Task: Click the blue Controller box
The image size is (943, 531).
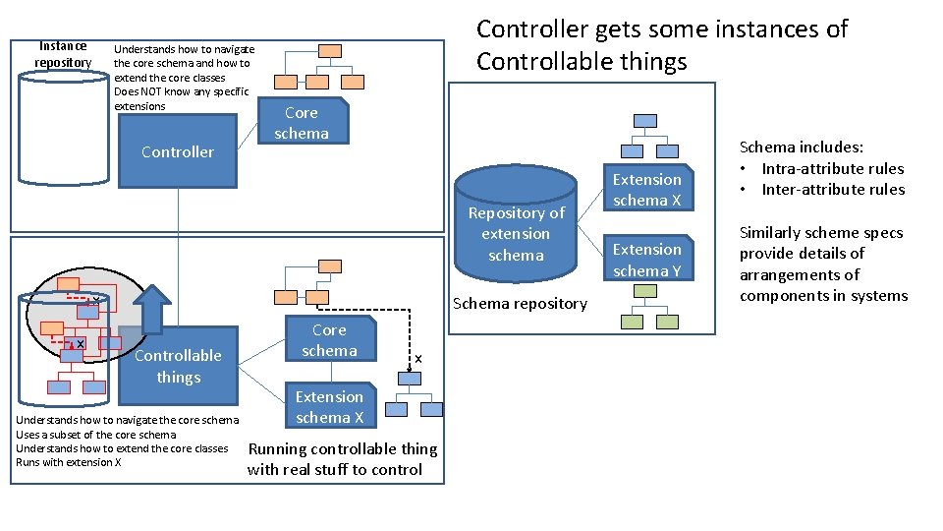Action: coord(177,151)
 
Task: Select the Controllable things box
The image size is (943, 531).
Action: coord(178,366)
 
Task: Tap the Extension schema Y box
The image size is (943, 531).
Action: coord(646,260)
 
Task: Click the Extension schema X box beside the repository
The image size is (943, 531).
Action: coord(646,190)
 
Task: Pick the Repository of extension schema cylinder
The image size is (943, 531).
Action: coord(516,234)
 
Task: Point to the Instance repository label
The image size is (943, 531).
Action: coord(63,54)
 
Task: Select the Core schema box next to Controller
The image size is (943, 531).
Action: coord(302,123)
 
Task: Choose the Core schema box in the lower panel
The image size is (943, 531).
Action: coord(329,340)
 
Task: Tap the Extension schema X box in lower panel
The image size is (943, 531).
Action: coord(329,406)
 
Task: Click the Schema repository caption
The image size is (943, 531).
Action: coord(520,303)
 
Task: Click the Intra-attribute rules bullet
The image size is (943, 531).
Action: coord(832,168)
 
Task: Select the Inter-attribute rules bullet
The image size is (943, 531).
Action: coord(832,189)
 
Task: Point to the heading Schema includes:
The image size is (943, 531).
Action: coord(801,147)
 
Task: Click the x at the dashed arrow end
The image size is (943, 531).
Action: coord(417,359)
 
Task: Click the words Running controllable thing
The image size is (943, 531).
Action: coord(342,448)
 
